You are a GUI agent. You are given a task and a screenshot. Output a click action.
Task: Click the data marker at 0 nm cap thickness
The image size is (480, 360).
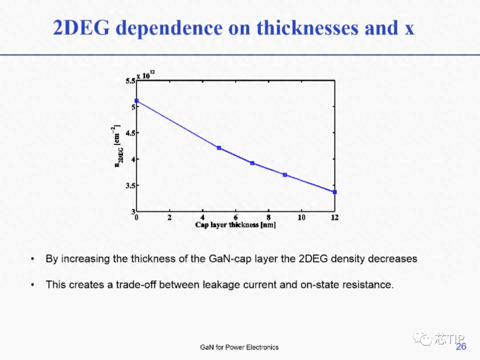tap(136, 101)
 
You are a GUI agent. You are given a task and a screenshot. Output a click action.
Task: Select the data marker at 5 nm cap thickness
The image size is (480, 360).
tap(219, 148)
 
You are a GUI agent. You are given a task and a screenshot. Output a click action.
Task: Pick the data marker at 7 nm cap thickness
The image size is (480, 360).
tap(252, 163)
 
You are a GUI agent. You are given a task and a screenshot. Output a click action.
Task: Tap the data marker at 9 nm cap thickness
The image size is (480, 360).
tap(285, 175)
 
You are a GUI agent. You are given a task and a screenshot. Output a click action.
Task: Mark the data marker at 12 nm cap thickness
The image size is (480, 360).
tap(335, 192)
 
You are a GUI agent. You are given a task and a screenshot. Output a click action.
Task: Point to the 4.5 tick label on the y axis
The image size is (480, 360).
tap(130, 133)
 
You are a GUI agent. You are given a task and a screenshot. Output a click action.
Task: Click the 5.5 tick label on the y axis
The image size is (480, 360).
tap(130, 81)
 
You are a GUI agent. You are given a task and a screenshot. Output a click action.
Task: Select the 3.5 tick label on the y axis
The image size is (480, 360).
tap(130, 185)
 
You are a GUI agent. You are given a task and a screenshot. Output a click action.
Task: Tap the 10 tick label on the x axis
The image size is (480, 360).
tap(301, 217)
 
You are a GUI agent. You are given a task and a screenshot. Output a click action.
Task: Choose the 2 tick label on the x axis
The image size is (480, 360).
tap(170, 217)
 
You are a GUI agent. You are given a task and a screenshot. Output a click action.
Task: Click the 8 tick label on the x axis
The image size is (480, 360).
tap(268, 217)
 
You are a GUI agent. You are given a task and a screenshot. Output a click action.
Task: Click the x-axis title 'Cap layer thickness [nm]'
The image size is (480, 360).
tap(236, 225)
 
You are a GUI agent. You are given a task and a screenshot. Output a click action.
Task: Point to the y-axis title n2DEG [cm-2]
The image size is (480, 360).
tap(118, 146)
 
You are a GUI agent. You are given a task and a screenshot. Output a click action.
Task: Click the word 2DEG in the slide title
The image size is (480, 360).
tap(81, 28)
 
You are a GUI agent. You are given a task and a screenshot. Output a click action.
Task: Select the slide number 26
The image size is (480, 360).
tap(461, 347)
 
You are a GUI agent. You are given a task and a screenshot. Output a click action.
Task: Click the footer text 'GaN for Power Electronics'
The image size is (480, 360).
tap(240, 347)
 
